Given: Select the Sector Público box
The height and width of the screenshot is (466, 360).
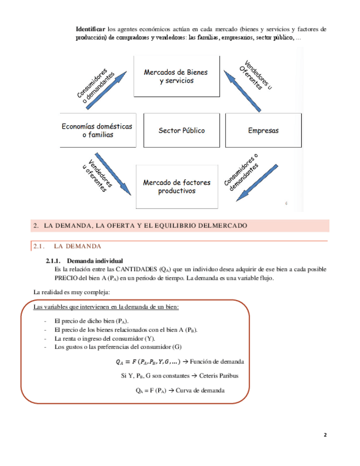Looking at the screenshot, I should [181, 131].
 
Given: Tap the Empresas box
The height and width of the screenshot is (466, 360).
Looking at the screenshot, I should [263, 131].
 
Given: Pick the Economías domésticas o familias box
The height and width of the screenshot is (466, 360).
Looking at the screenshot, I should [97, 130].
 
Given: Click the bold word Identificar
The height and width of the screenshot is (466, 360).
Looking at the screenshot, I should [91, 28].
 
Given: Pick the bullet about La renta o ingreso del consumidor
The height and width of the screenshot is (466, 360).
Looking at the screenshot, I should [104, 339].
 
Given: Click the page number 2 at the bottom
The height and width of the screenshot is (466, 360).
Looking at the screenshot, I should [325, 435].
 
